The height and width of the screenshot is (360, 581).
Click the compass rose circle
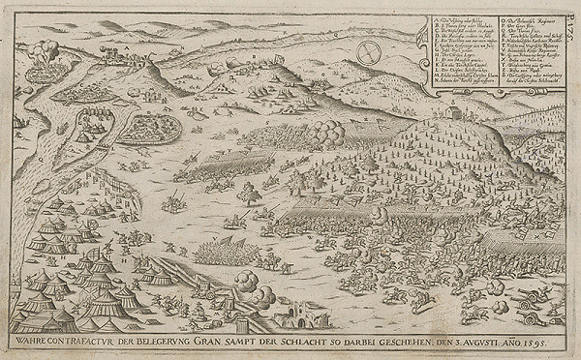coord(370,54)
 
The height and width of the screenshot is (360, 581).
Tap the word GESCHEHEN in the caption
coord(421,343)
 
